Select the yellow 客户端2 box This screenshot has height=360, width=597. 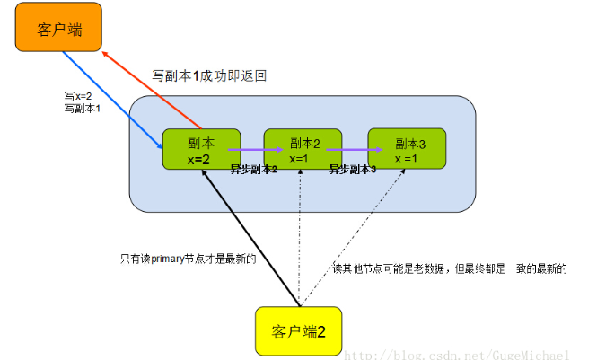point(297,332)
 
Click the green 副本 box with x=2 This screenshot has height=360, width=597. point(201,149)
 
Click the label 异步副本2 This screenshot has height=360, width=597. point(252,169)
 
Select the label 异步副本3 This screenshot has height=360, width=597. point(352,169)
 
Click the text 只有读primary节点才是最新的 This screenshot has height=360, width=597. point(188,259)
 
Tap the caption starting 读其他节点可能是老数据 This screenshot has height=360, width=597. point(449,268)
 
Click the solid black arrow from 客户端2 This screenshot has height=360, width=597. point(251,238)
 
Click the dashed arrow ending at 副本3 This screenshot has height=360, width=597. point(350,238)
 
